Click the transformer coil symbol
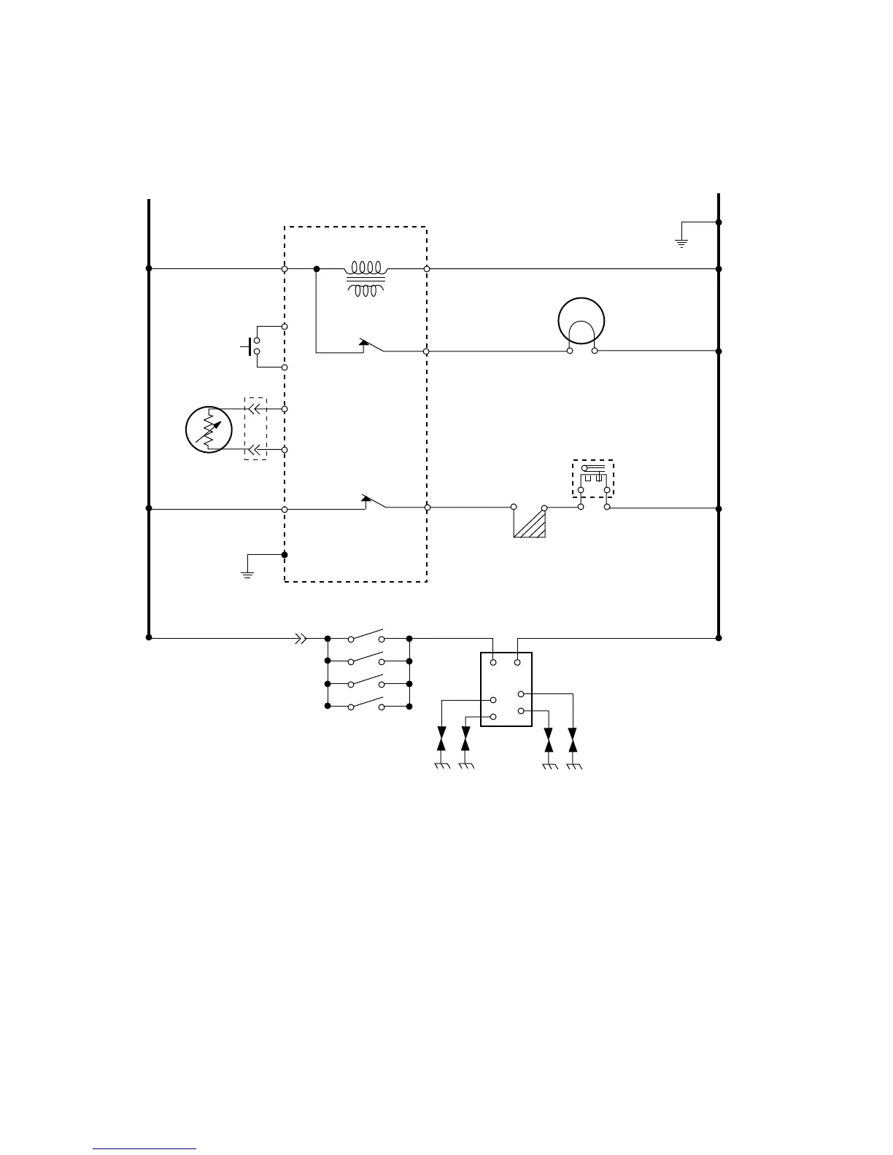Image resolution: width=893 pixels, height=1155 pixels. [366, 279]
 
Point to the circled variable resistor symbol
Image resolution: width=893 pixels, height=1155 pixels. [209, 429]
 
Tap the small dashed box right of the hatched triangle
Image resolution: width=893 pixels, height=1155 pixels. [592, 478]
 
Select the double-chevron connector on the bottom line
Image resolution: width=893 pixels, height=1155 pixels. [300, 639]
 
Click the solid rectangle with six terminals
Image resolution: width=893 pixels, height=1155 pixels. [506, 690]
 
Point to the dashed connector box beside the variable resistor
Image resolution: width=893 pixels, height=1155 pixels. [255, 429]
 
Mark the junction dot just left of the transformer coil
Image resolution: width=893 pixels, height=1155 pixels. [317, 269]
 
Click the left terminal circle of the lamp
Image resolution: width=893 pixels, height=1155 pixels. [570, 351]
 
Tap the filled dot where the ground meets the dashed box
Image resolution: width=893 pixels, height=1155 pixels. [285, 555]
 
